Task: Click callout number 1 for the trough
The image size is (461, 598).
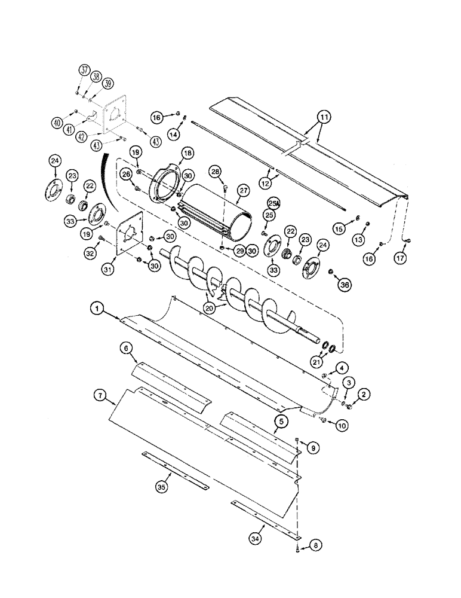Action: point(97,310)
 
